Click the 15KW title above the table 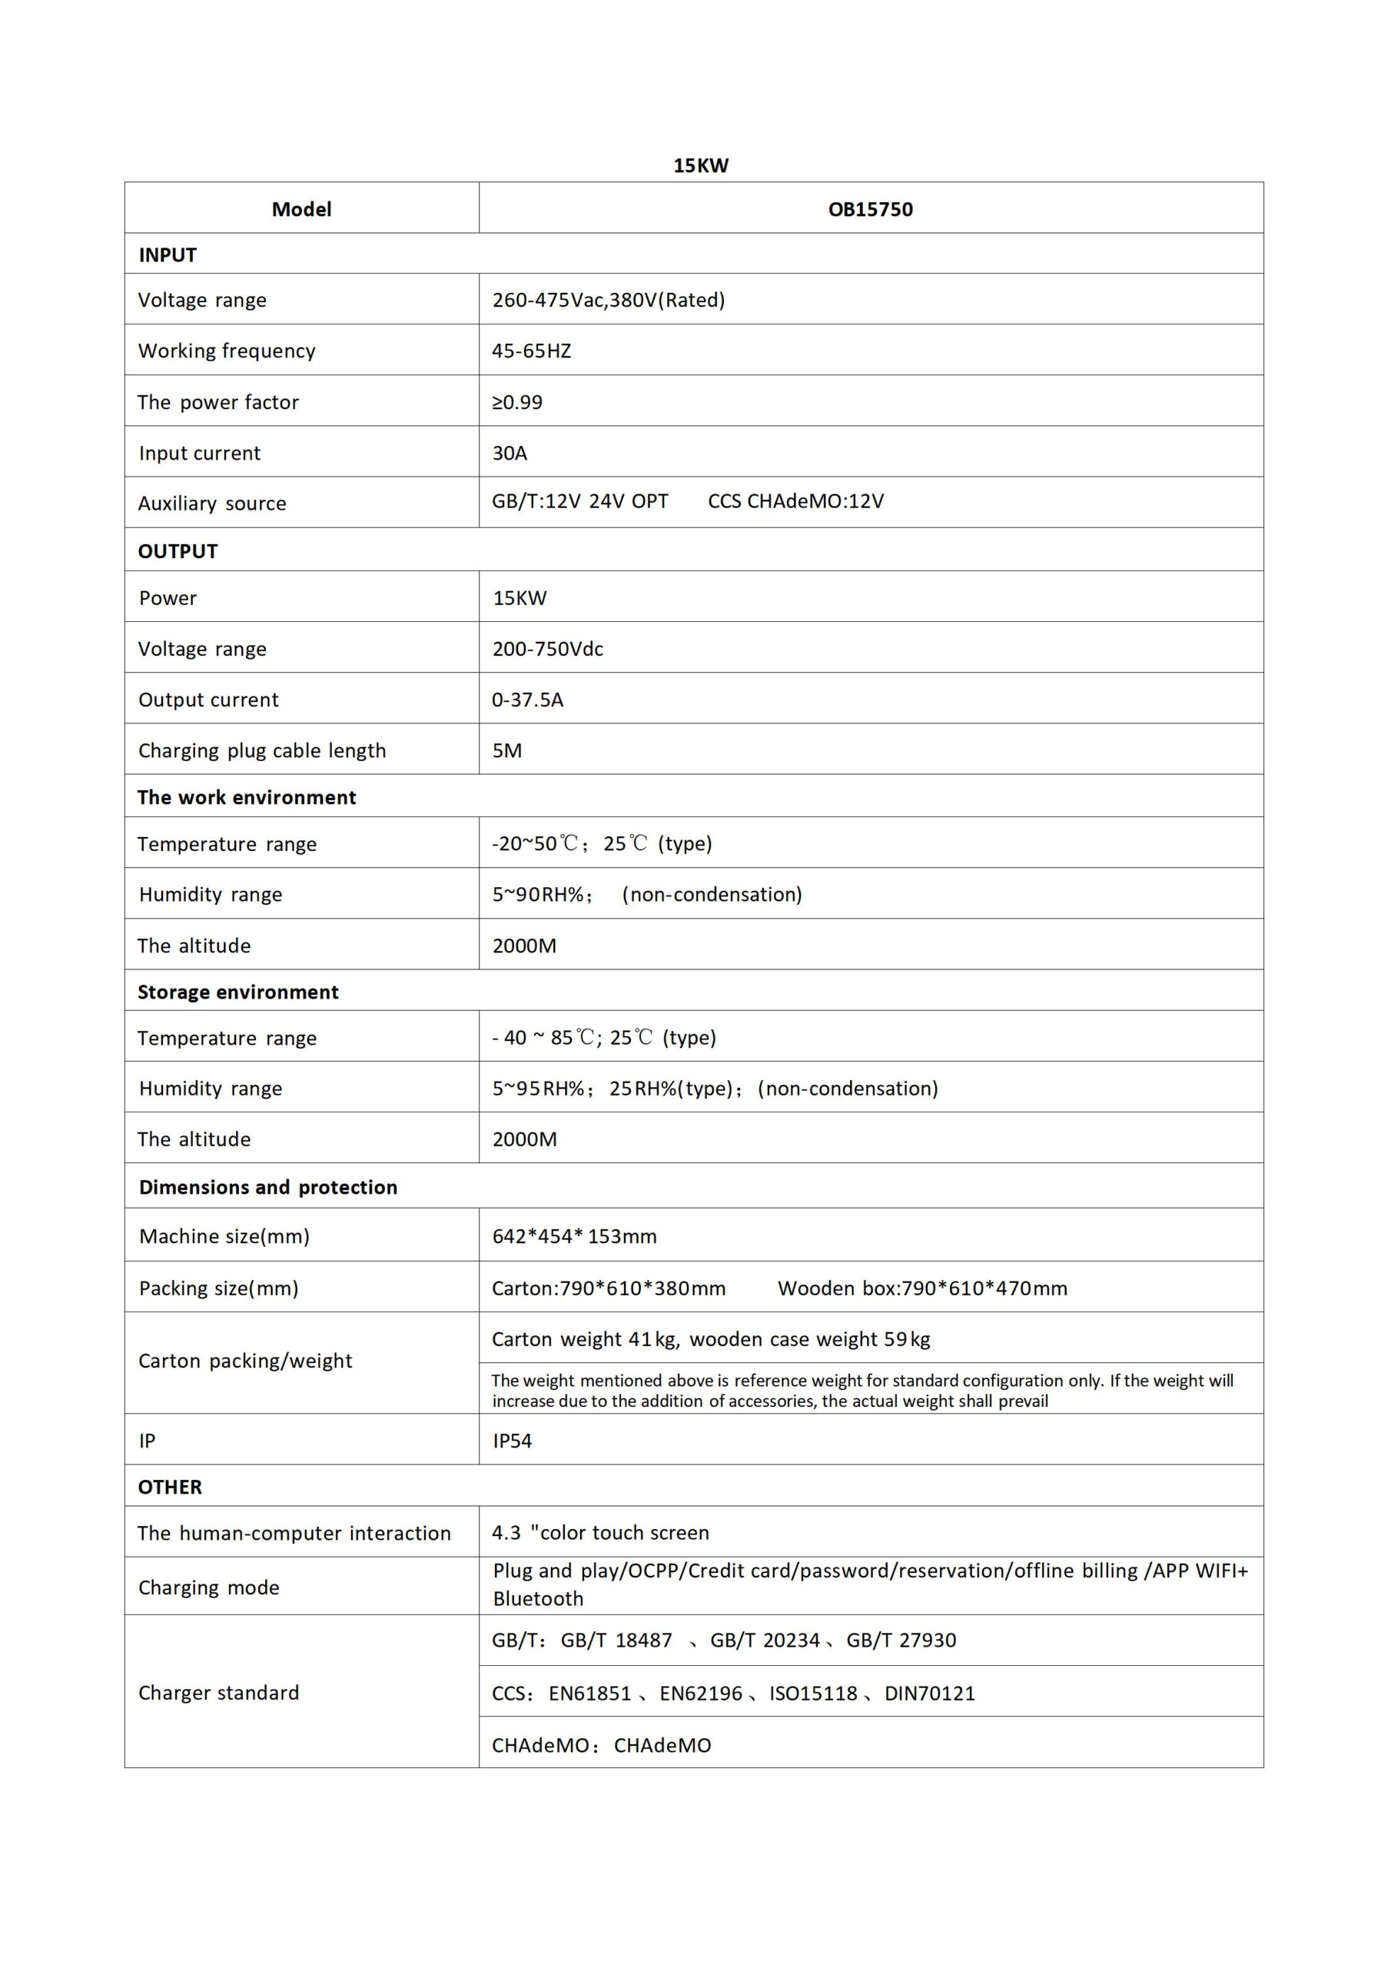click(x=700, y=165)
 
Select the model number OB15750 click(x=870, y=209)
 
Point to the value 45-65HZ click(x=531, y=351)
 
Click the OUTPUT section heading click(x=178, y=551)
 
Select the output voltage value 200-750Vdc click(x=548, y=649)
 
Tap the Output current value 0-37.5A click(x=527, y=700)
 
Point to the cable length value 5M click(x=506, y=750)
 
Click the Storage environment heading click(x=237, y=992)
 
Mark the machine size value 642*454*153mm click(x=574, y=1236)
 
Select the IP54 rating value click(x=512, y=1441)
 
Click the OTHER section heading click(x=170, y=1487)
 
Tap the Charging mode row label click(x=208, y=1587)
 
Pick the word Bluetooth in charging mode click(x=537, y=1598)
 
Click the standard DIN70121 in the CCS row click(x=929, y=1693)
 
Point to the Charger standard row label click(x=218, y=1692)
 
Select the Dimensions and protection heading click(x=267, y=1187)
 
